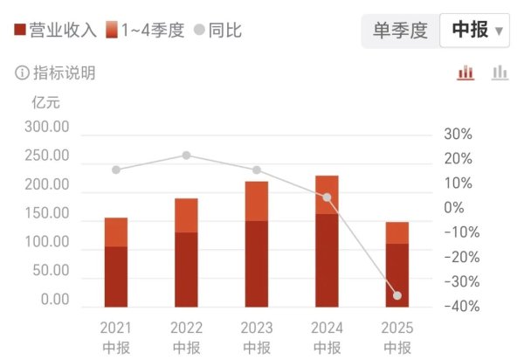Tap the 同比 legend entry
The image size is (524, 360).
218,30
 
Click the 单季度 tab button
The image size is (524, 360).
400,30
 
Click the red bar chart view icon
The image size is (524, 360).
465,73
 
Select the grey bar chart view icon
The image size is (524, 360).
500,73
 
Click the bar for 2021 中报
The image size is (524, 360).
116,262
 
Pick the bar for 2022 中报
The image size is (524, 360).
186,253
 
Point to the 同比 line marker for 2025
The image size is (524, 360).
397,296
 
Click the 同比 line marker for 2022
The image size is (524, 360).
186,156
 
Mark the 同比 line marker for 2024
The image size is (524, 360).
327,197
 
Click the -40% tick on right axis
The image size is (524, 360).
458,306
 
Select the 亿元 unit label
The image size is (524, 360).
45,101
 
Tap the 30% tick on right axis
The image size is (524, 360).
458,135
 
